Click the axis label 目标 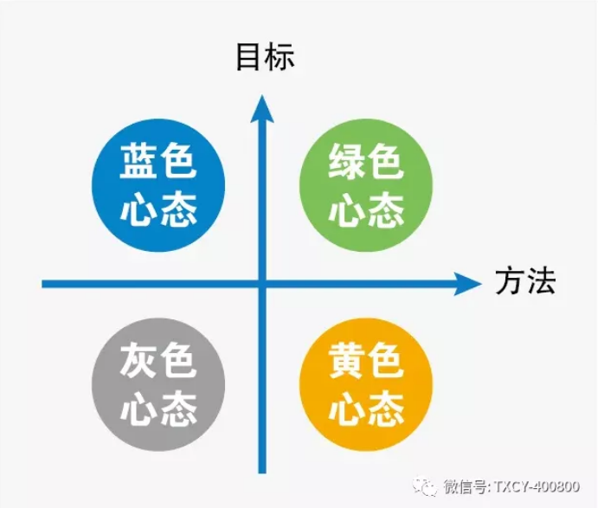pyautogui.click(x=266, y=56)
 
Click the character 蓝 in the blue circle pyautogui.click(x=138, y=162)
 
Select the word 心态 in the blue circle pyautogui.click(x=158, y=209)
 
